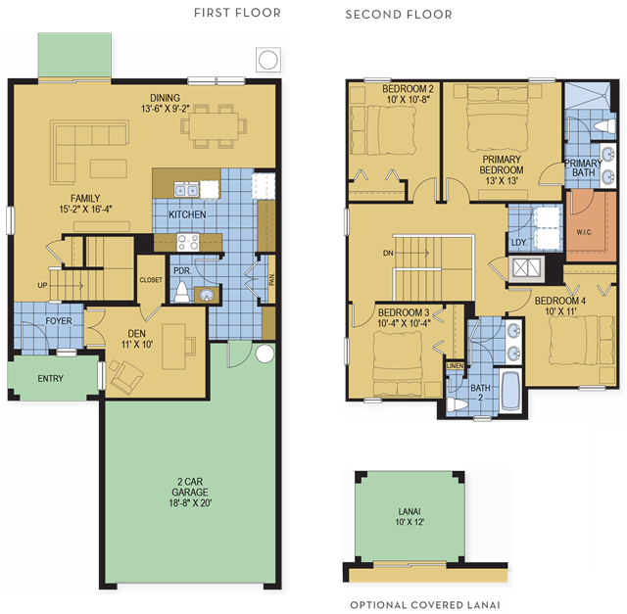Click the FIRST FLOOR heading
(x=237, y=13)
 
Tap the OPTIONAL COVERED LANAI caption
(x=425, y=605)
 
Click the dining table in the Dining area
(x=214, y=126)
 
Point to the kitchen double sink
(x=186, y=189)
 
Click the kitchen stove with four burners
(x=188, y=242)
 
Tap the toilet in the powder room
(x=181, y=293)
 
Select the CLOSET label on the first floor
(x=151, y=280)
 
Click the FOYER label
(x=59, y=321)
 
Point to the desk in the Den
(x=174, y=347)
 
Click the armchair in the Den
(x=126, y=376)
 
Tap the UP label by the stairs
(x=42, y=285)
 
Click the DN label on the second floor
(x=388, y=253)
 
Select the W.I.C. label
(x=584, y=232)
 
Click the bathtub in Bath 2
(x=510, y=391)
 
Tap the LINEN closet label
(x=455, y=366)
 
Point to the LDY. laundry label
(x=519, y=243)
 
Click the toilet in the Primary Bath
(x=604, y=126)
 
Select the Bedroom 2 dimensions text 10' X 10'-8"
(x=409, y=100)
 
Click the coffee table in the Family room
(x=109, y=168)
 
